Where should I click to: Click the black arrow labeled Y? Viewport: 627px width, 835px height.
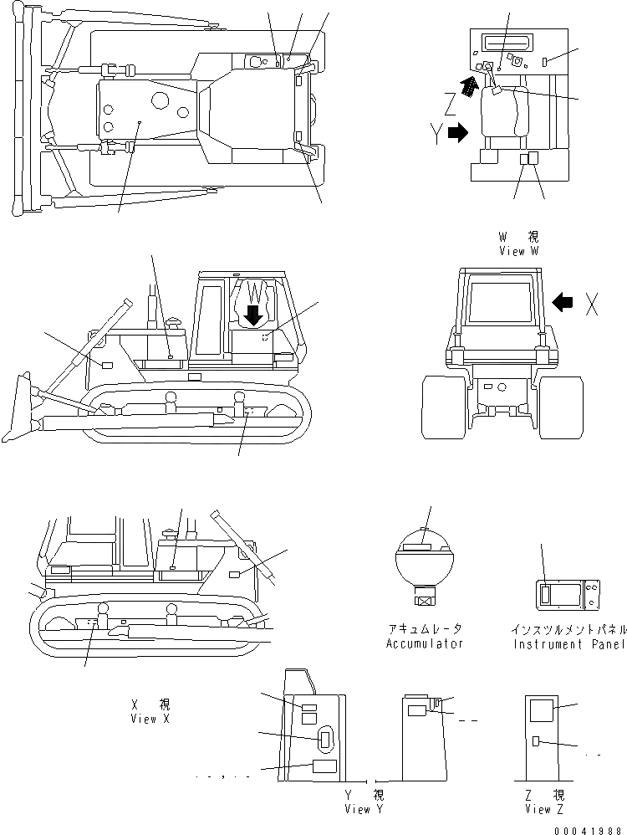pyautogui.click(x=459, y=132)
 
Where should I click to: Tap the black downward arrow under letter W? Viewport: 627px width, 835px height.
pyautogui.click(x=253, y=315)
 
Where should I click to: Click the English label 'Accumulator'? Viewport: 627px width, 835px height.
pyautogui.click(x=424, y=643)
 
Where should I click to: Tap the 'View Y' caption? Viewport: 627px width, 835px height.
pyautogui.click(x=364, y=809)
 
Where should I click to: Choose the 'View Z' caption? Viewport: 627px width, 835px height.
pyautogui.click(x=544, y=809)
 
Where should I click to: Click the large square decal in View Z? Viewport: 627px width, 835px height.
pyautogui.click(x=542, y=711)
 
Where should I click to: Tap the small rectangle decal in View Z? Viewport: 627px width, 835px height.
pyautogui.click(x=537, y=740)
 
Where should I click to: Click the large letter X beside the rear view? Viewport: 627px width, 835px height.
pyautogui.click(x=591, y=306)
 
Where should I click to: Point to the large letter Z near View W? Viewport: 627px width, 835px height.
pyautogui.click(x=450, y=104)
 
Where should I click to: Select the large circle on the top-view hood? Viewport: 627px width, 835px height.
pyautogui.click(x=158, y=101)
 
